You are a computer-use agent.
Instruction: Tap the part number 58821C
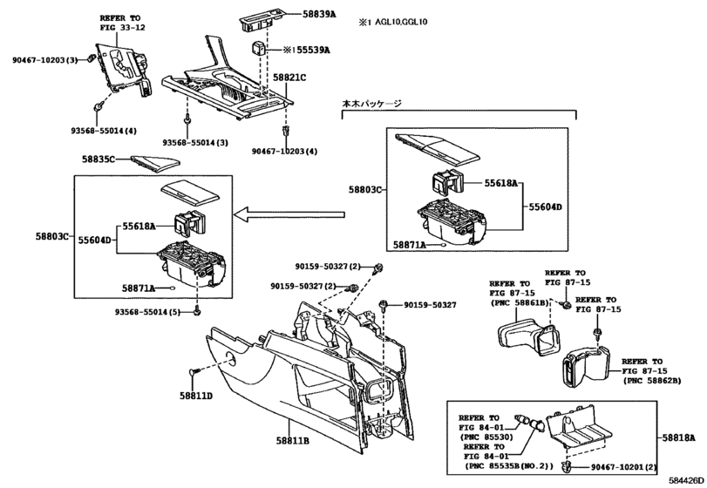point(290,78)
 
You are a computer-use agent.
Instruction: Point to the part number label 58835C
point(99,159)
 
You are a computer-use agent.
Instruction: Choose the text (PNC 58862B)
point(651,380)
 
